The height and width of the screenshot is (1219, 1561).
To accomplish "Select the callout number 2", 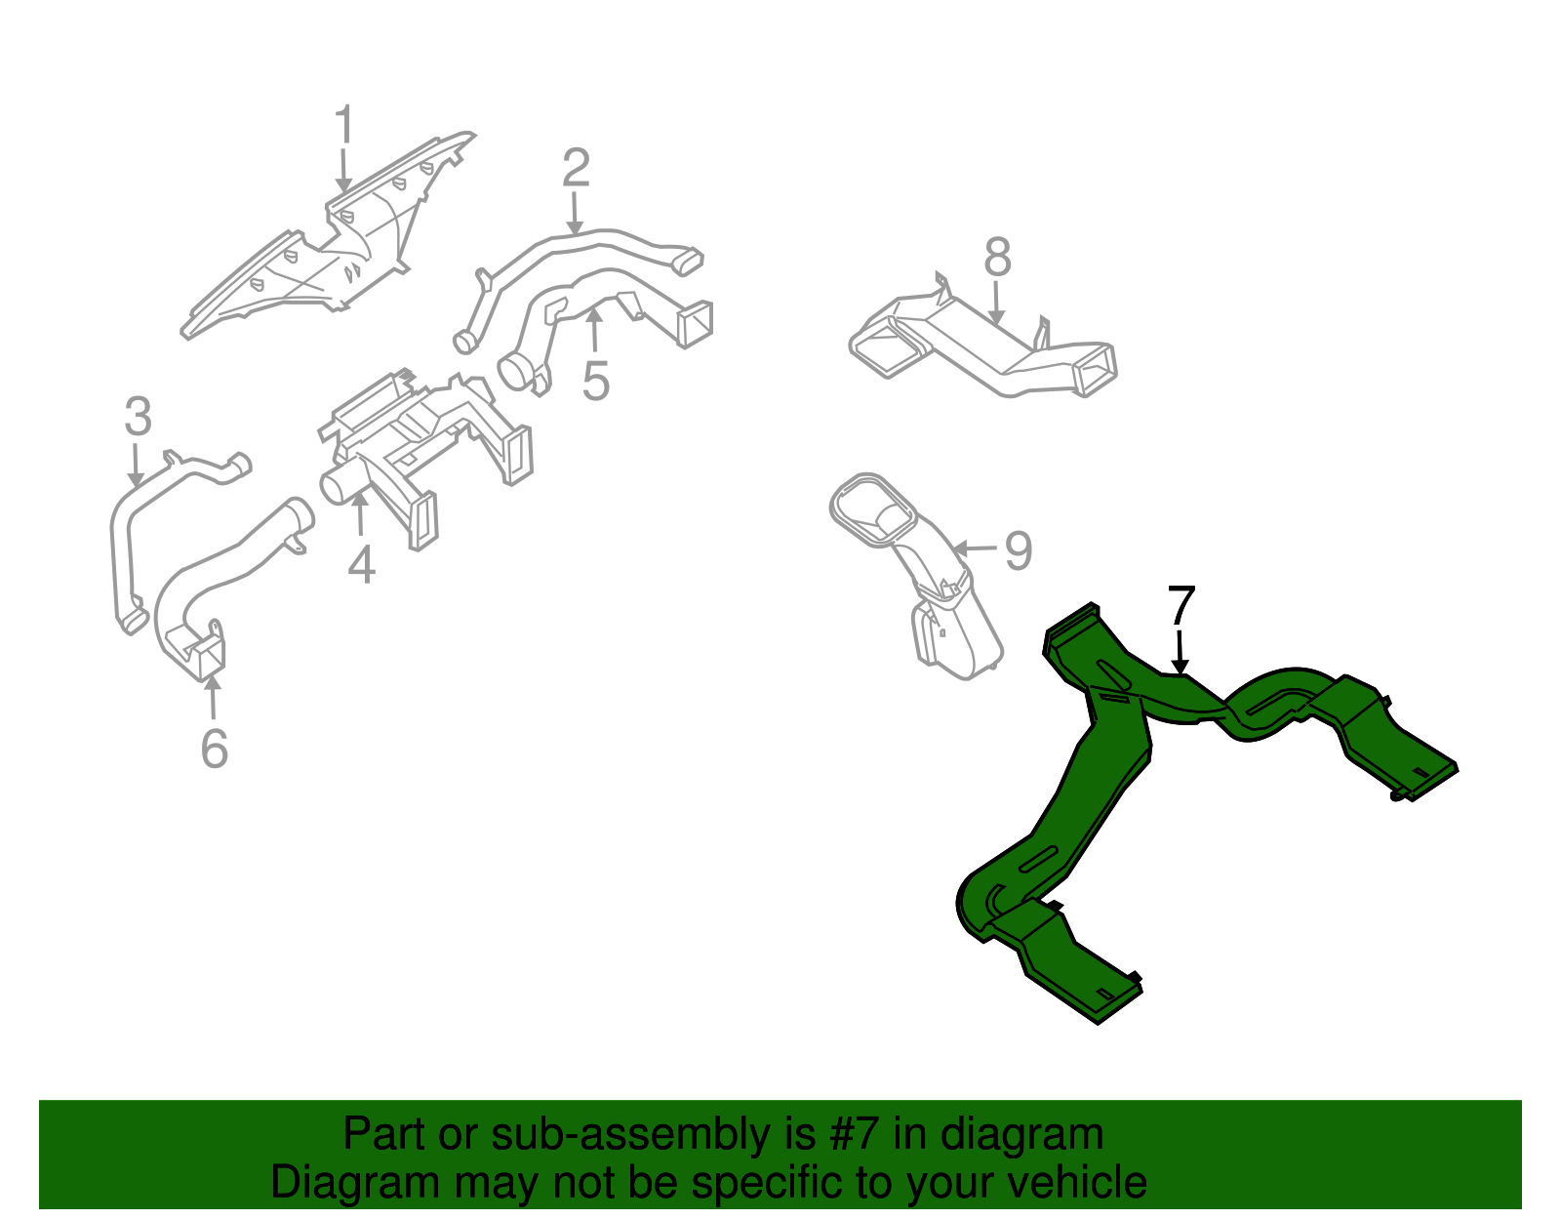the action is point(577,168).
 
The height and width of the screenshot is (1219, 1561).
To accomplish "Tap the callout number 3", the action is point(138,417).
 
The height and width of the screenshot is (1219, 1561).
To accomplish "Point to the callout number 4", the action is point(361,564).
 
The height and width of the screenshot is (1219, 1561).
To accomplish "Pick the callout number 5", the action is point(596,382).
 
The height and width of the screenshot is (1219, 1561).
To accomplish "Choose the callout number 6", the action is point(214,749).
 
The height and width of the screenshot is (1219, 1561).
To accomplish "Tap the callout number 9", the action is point(1018,551).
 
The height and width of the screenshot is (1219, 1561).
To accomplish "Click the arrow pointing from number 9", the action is point(975,549).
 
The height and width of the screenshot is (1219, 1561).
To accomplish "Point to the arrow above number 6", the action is point(213,696).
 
